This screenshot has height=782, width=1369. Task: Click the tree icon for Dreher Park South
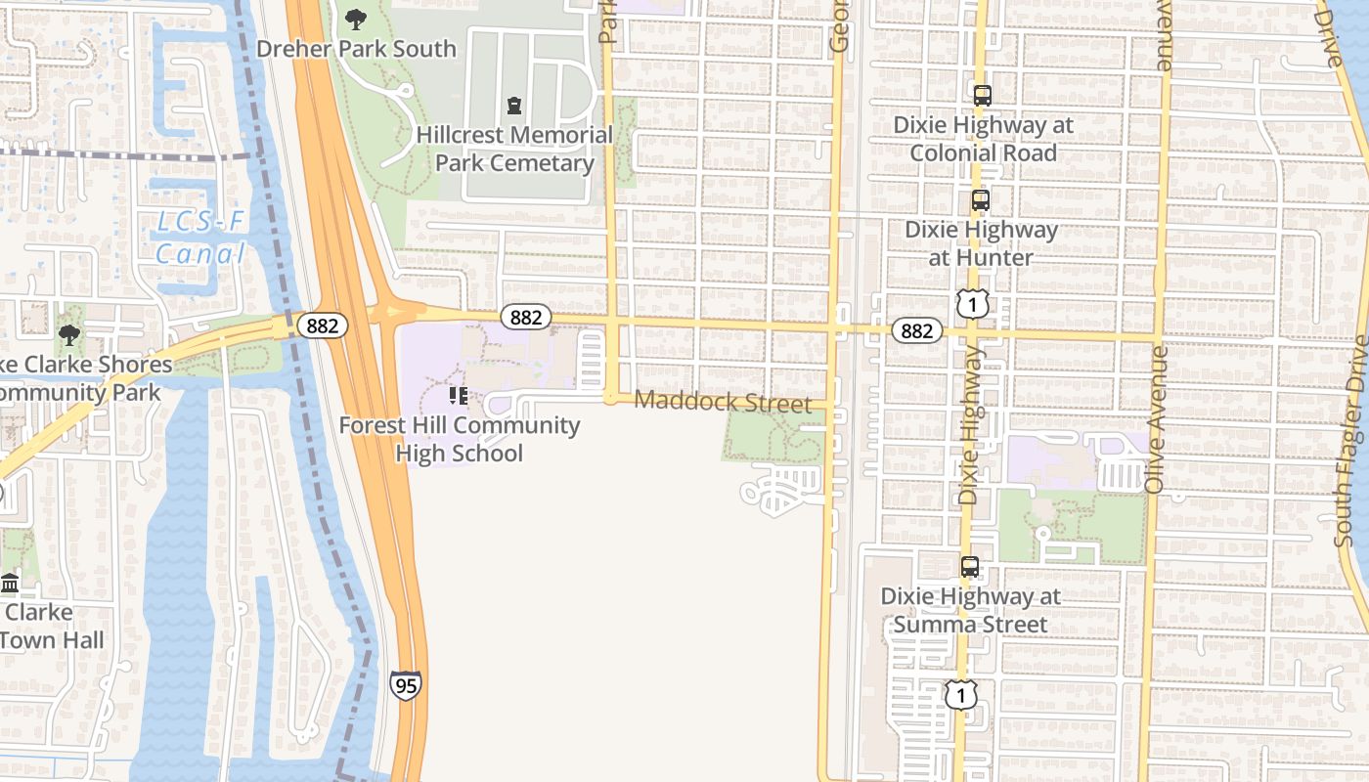click(x=356, y=19)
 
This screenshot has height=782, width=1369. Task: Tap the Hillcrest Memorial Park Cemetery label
click(x=514, y=149)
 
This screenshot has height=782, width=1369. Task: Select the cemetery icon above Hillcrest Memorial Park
click(x=514, y=106)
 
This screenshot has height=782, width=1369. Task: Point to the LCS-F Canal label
click(x=200, y=239)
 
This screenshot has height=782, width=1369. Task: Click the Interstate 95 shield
click(x=405, y=684)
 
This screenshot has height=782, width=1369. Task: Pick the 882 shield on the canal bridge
click(x=322, y=326)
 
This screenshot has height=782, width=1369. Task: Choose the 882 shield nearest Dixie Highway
click(x=916, y=330)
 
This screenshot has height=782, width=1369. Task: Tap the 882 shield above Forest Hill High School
click(x=526, y=317)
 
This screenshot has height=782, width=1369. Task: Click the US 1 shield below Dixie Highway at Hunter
click(x=972, y=303)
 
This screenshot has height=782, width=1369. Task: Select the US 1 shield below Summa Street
click(x=961, y=694)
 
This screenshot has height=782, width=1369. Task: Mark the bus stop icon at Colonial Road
click(x=983, y=96)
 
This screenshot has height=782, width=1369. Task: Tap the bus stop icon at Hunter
click(x=980, y=200)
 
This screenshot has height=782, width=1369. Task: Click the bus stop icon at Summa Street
click(x=969, y=567)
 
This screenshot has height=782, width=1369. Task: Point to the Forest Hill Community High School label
click(x=460, y=439)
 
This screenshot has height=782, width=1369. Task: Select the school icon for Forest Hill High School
click(x=457, y=396)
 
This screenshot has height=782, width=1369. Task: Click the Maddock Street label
click(x=723, y=402)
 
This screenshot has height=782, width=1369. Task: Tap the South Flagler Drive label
click(x=1354, y=441)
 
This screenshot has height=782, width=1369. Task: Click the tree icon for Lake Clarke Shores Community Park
click(x=68, y=336)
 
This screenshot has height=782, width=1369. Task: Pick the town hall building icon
click(x=11, y=584)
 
